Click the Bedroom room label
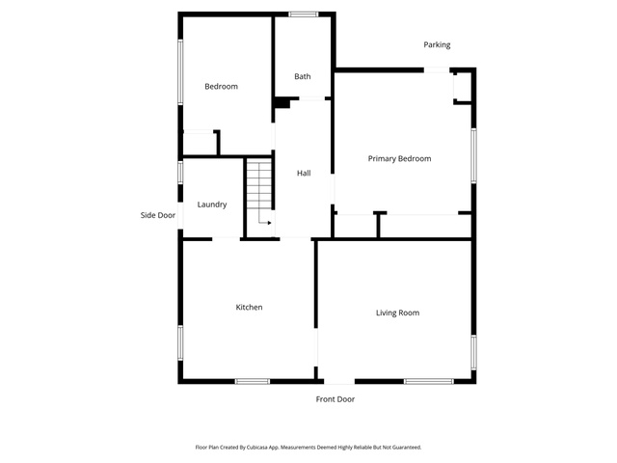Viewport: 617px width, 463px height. point(221,86)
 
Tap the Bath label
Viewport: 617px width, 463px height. point(303,76)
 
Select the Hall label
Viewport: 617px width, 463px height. point(304,173)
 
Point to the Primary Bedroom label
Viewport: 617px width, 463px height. point(399,158)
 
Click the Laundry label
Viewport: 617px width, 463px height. point(212,204)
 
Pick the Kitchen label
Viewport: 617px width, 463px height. point(249,307)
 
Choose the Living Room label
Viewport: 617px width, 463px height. point(397,313)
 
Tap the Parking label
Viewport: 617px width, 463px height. point(437,45)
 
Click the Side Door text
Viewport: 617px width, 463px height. point(158,215)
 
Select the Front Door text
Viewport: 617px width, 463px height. point(335,399)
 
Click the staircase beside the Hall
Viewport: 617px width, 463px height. point(259,184)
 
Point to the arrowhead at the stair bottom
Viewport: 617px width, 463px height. point(270,223)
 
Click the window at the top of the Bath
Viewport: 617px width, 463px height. point(304,14)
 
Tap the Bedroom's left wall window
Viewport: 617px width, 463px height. point(180,71)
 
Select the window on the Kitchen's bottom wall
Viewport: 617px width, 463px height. point(253,381)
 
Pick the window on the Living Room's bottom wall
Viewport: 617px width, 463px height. point(428,381)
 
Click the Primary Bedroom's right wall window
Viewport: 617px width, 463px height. point(473,155)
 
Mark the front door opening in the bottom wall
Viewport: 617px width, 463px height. point(339,381)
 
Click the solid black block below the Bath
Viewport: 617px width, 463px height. point(282,103)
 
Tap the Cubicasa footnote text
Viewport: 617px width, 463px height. point(308,448)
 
